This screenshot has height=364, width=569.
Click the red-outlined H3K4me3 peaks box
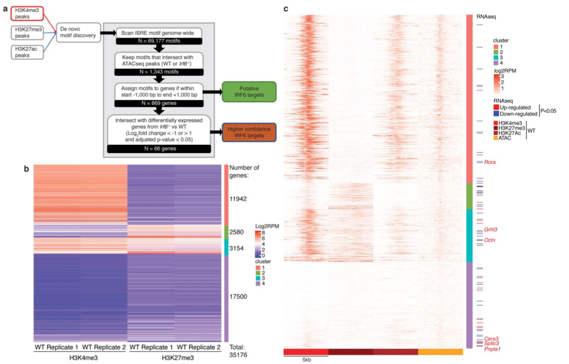27,13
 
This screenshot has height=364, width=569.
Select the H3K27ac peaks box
27,52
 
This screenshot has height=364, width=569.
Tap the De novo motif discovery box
78,32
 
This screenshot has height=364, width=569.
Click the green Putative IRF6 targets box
249,92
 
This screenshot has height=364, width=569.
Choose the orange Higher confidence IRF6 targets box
249,132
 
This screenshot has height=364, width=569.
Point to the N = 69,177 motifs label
159,41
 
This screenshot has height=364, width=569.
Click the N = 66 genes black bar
159,148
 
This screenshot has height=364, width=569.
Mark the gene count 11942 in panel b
238,199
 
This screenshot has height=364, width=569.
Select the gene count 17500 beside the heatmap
238,296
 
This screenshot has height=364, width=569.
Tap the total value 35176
238,355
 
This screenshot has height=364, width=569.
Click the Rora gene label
490,162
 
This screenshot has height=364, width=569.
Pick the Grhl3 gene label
490,229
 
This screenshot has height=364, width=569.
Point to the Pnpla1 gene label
492,349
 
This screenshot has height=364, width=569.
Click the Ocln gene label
490,240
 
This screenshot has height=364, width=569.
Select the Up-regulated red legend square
496,107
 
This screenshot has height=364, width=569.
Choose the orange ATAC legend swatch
495,138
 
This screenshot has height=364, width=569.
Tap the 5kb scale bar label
307,360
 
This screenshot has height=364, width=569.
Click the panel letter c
286,8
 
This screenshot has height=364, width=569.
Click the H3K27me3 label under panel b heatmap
178,358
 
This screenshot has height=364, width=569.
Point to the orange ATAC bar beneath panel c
440,352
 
